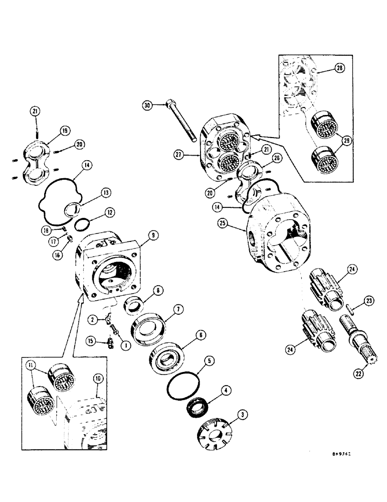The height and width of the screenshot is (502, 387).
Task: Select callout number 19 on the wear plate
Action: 65,131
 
